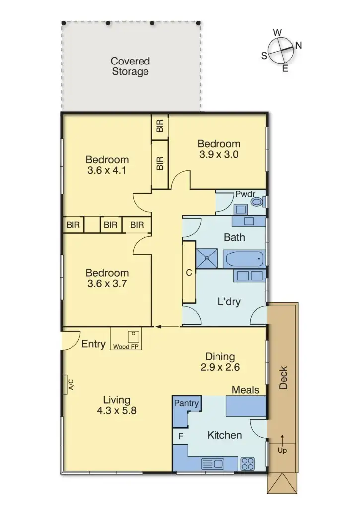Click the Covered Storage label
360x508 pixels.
point(130,66)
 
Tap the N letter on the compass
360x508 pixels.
point(299,45)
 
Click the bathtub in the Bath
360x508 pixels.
point(244,258)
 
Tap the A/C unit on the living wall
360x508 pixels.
point(71,383)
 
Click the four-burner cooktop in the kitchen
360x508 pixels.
point(248,464)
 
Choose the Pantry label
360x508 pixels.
point(186,403)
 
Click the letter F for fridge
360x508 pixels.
point(181,437)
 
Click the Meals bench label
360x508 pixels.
point(245,390)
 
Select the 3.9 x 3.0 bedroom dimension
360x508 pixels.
point(218,154)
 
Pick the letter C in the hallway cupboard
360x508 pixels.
point(189,272)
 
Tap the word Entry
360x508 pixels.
point(93,344)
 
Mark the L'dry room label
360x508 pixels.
point(229,301)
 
